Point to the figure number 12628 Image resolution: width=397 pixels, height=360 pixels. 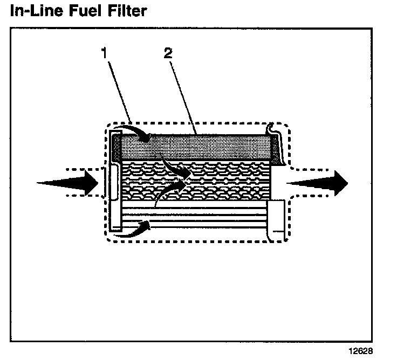[360, 351]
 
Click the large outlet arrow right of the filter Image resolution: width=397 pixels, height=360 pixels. [318, 183]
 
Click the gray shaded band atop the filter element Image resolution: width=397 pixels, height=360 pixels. [205, 147]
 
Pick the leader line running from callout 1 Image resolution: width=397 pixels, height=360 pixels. [119, 89]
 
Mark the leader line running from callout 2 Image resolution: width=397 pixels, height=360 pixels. [183, 94]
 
